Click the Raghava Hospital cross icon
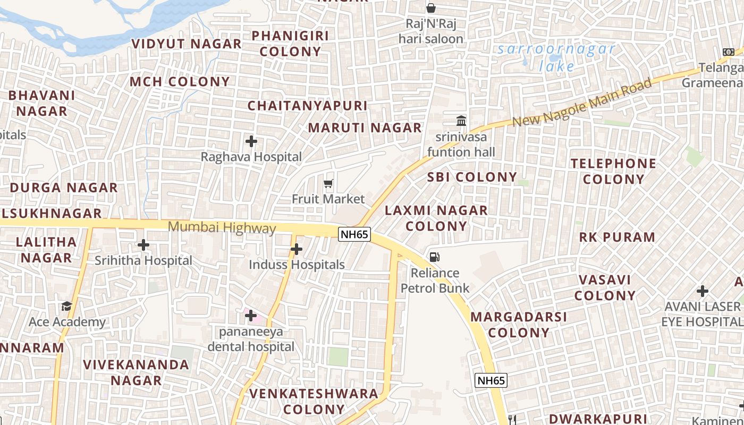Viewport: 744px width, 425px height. click(x=251, y=141)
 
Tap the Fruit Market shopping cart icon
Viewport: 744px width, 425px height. click(x=328, y=184)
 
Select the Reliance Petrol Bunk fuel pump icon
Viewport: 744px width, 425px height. click(x=435, y=257)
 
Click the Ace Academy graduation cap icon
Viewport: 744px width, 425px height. click(x=66, y=306)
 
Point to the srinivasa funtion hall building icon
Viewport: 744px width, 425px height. click(x=461, y=121)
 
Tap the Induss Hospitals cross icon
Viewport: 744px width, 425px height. click(x=297, y=249)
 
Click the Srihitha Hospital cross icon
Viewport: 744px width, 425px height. click(x=143, y=245)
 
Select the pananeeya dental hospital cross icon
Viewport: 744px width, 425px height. click(x=251, y=316)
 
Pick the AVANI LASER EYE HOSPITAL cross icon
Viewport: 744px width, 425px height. click(x=703, y=291)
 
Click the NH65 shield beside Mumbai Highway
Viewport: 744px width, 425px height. click(x=354, y=234)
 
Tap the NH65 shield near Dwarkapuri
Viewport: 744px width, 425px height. click(x=491, y=380)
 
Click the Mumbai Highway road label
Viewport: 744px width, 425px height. click(x=222, y=228)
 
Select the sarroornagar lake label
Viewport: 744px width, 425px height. click(x=556, y=58)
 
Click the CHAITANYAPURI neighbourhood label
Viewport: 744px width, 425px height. click(x=308, y=106)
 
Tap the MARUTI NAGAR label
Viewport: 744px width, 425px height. click(x=365, y=128)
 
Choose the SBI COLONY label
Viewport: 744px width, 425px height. click(x=472, y=177)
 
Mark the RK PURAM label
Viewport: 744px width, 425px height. click(x=617, y=237)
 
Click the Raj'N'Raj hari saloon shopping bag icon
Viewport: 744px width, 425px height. click(x=431, y=8)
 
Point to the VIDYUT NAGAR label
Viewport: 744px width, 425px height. click(x=187, y=44)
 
